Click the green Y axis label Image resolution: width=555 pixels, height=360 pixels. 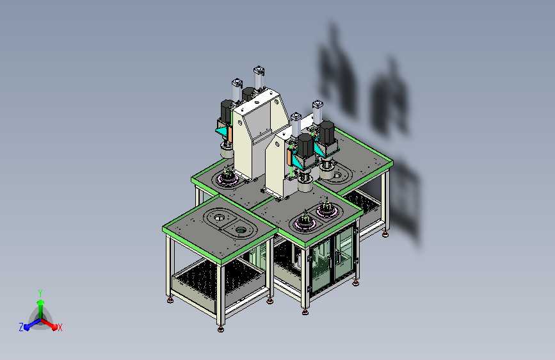coord(40,293)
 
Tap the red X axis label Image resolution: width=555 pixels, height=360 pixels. coord(60,327)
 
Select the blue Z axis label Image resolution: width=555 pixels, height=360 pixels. coord(21,327)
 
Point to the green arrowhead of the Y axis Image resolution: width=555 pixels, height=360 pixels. coord(41,302)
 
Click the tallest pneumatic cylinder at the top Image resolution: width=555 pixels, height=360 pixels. coord(259,78)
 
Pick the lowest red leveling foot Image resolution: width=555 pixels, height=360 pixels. coord(221,329)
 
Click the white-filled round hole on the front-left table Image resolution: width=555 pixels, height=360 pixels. coord(220,217)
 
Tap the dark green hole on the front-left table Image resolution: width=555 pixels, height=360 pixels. coord(241,231)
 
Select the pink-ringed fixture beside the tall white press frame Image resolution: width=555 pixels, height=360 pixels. coord(228,179)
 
